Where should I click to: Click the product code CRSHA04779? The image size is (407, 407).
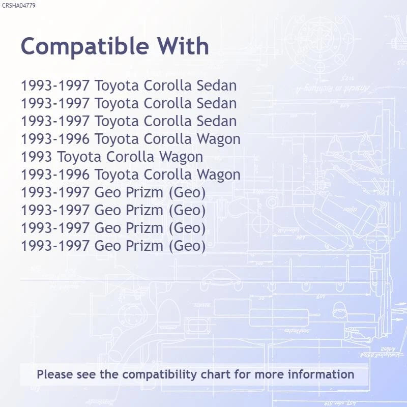click(x=18, y=5)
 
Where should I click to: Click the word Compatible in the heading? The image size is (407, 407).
click(x=85, y=47)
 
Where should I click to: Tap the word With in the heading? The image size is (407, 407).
click(x=183, y=46)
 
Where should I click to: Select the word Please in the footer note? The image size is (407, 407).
click(x=54, y=374)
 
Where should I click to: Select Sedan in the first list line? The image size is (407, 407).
click(x=217, y=85)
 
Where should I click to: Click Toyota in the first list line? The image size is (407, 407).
click(x=117, y=86)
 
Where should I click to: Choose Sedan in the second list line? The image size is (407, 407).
click(x=217, y=103)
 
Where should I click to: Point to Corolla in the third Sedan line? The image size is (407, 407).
click(x=168, y=121)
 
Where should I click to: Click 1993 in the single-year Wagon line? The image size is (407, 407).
click(x=36, y=157)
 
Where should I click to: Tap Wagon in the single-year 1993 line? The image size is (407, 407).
click(x=181, y=158)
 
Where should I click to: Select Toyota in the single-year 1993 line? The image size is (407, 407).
click(x=79, y=158)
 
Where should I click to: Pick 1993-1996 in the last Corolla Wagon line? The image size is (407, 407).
click(x=55, y=175)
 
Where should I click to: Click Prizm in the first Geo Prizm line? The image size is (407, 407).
click(x=144, y=192)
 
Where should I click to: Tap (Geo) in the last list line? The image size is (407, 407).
click(x=187, y=246)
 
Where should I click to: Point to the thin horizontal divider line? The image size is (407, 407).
click(x=203, y=280)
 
